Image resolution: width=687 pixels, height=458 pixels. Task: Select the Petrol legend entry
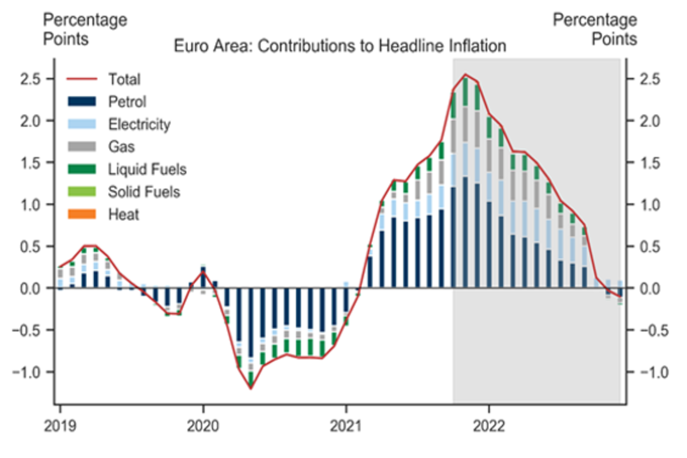click(127, 102)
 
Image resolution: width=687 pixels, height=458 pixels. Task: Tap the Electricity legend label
click(139, 124)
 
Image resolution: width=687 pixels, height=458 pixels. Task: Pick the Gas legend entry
click(121, 147)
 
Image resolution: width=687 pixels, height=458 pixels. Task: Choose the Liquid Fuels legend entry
click(147, 169)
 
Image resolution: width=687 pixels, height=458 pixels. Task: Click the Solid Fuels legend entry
click(144, 192)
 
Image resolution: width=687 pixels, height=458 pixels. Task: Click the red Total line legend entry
click(124, 80)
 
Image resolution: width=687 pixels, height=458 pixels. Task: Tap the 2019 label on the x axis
click(60, 426)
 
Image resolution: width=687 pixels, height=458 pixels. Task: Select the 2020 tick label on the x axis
click(203, 426)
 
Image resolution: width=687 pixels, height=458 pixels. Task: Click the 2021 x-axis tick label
click(346, 426)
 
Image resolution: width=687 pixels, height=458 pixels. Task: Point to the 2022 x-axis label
click(489, 426)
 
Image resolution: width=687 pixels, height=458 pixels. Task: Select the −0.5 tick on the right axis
click(645, 330)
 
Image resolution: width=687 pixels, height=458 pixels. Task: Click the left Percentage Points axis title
click(85, 30)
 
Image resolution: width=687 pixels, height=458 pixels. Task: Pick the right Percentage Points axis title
click(595, 30)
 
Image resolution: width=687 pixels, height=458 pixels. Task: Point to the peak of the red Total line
click(465, 74)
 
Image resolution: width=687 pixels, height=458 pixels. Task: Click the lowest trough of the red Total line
click(251, 389)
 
